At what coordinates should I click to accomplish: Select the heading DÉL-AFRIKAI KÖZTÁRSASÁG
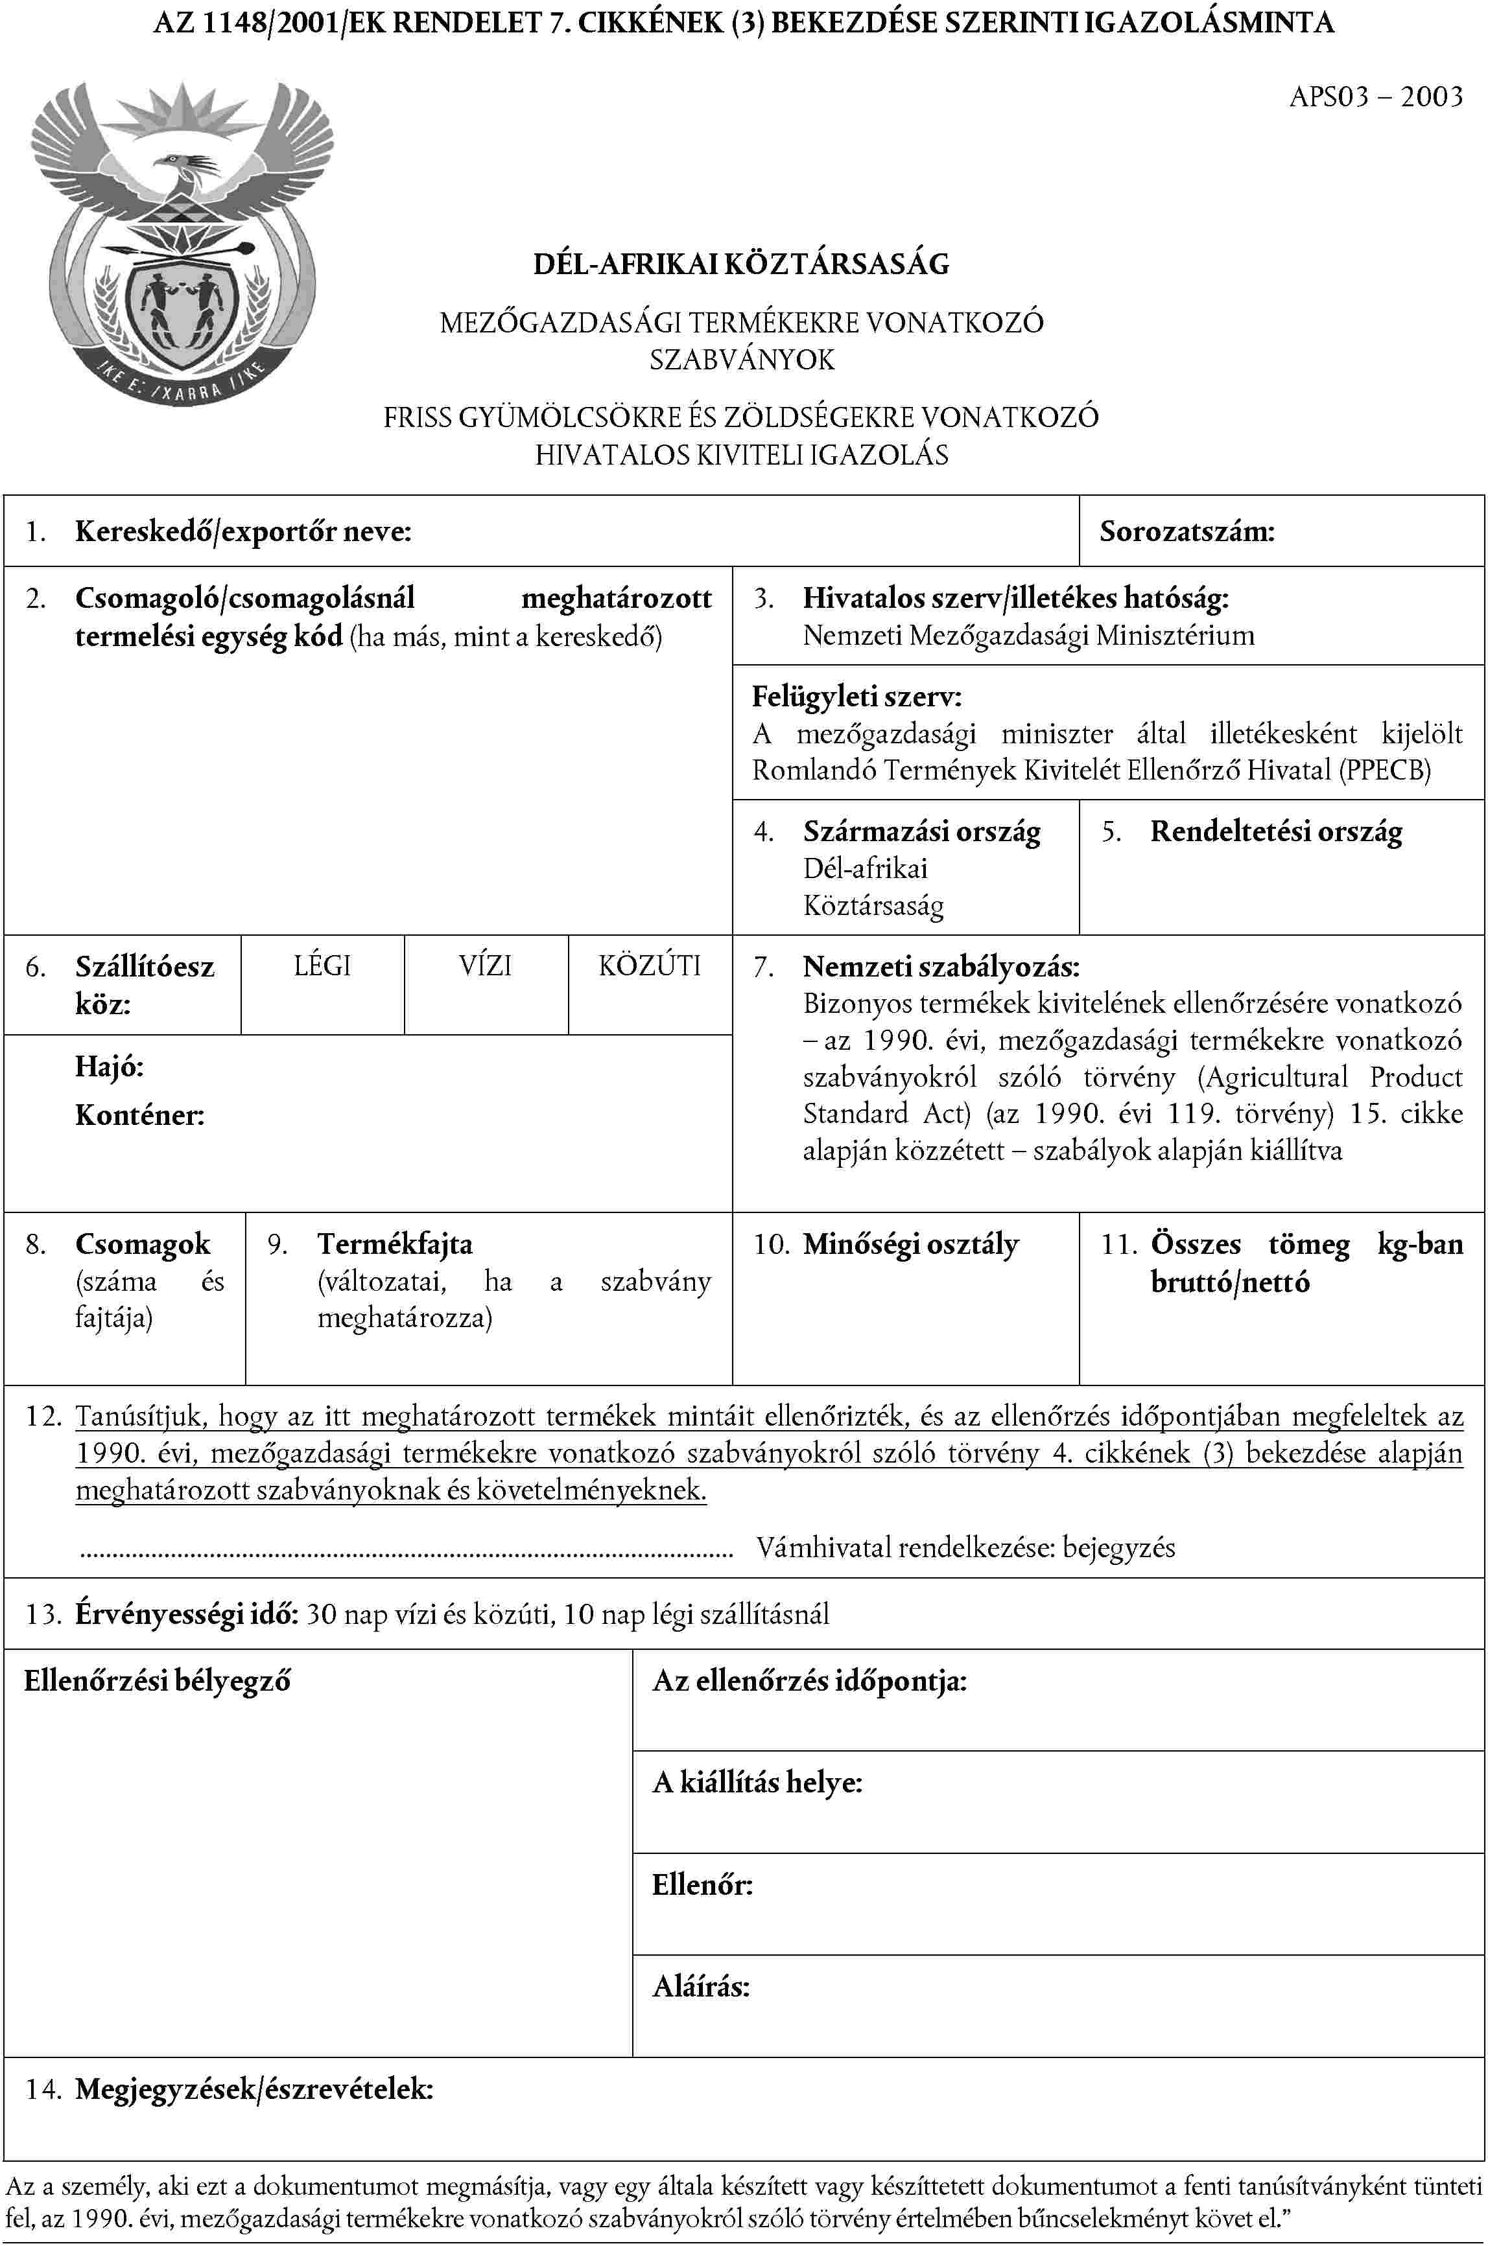tap(741, 264)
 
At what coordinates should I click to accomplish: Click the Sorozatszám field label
tap(1187, 531)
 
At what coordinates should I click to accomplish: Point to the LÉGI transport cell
tap(323, 966)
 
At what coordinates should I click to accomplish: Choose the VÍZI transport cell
tap(486, 966)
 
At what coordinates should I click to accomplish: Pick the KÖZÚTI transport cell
tap(650, 966)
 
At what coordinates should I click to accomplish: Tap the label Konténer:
tap(139, 1115)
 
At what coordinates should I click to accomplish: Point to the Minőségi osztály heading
tap(910, 1244)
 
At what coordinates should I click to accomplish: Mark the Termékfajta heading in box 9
tap(395, 1244)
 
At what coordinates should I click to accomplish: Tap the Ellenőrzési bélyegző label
tap(158, 1682)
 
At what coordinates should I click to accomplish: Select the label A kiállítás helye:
tap(757, 1783)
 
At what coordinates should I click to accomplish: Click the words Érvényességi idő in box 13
tap(188, 1614)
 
